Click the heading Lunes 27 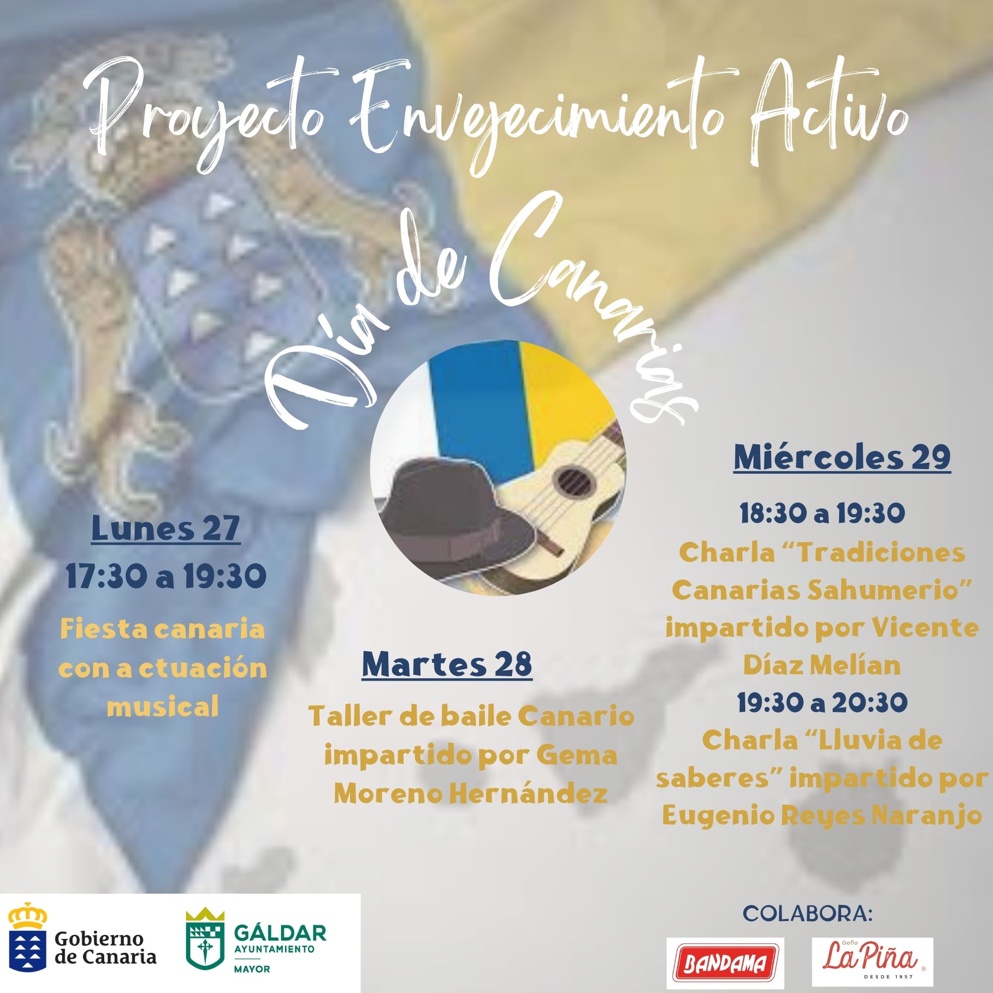165,529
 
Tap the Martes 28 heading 447,664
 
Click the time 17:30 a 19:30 165,577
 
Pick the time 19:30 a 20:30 822,703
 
